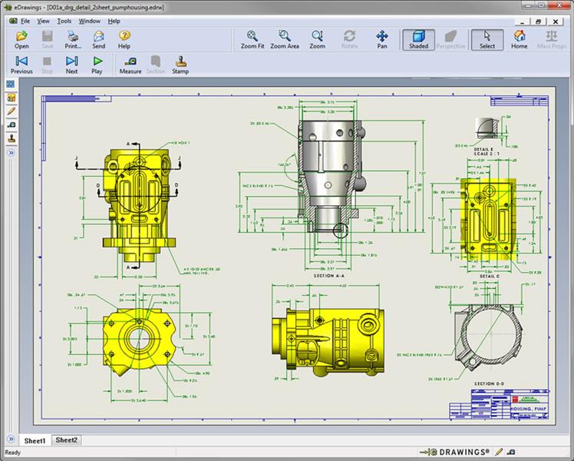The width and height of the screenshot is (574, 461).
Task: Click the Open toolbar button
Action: (x=21, y=40)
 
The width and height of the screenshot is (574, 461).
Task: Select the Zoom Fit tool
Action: (x=252, y=40)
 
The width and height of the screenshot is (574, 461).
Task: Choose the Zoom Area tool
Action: (x=285, y=40)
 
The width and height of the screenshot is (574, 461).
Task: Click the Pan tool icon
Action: (x=382, y=40)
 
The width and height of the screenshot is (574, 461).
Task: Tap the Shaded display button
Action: (x=418, y=40)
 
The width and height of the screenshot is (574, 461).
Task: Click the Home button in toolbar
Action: (x=520, y=40)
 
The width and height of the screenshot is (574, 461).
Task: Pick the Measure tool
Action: (x=130, y=65)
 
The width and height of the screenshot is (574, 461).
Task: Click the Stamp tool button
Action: (x=180, y=65)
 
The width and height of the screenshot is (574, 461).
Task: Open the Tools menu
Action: (x=64, y=21)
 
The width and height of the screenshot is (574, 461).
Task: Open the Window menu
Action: (x=89, y=21)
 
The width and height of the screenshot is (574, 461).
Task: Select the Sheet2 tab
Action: (x=67, y=440)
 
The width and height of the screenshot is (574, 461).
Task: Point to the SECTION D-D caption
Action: (x=490, y=383)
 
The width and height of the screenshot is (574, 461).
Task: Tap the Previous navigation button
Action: (x=21, y=65)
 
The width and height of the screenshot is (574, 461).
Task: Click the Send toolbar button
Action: (x=99, y=40)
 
